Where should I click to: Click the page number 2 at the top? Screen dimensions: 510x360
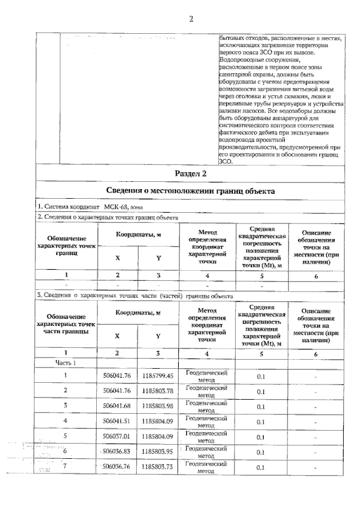(x=191, y=19)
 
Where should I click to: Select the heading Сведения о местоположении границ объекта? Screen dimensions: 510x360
(x=191, y=191)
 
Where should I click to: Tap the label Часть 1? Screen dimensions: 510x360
(x=65, y=363)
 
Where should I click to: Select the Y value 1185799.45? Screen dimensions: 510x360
(x=158, y=375)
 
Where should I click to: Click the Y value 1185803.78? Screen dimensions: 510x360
(x=158, y=390)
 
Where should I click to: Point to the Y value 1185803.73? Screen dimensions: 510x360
(x=158, y=466)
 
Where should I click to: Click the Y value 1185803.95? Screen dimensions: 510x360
(x=158, y=451)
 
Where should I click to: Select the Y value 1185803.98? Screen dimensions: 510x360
(x=158, y=405)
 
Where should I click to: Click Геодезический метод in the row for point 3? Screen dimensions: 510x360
(x=206, y=405)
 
